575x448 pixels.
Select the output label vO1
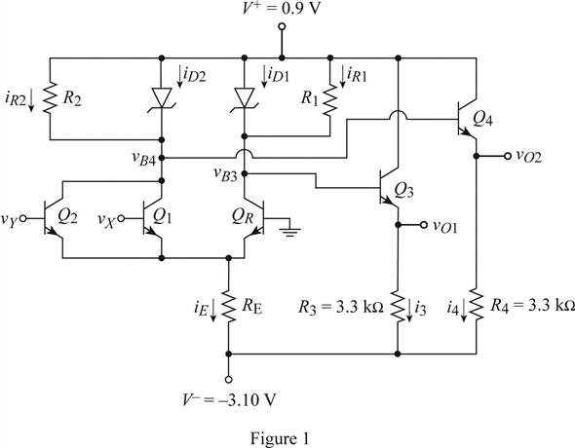click(x=451, y=226)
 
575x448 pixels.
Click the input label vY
click(x=12, y=217)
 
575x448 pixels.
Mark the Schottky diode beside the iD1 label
click(x=244, y=98)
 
